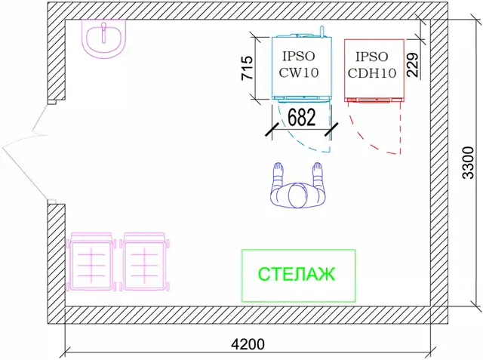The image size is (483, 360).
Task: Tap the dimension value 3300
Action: coord(468,163)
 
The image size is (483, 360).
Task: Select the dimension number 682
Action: coord(302,118)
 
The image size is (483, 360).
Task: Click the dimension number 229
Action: coord(412,66)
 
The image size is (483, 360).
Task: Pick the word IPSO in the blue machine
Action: coord(300,56)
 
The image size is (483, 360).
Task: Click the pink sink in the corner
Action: coord(105,39)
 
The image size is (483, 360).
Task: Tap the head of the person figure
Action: coord(297,196)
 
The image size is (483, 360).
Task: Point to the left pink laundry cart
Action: coord(92,262)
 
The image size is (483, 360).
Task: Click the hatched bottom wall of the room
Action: coord(249,315)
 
